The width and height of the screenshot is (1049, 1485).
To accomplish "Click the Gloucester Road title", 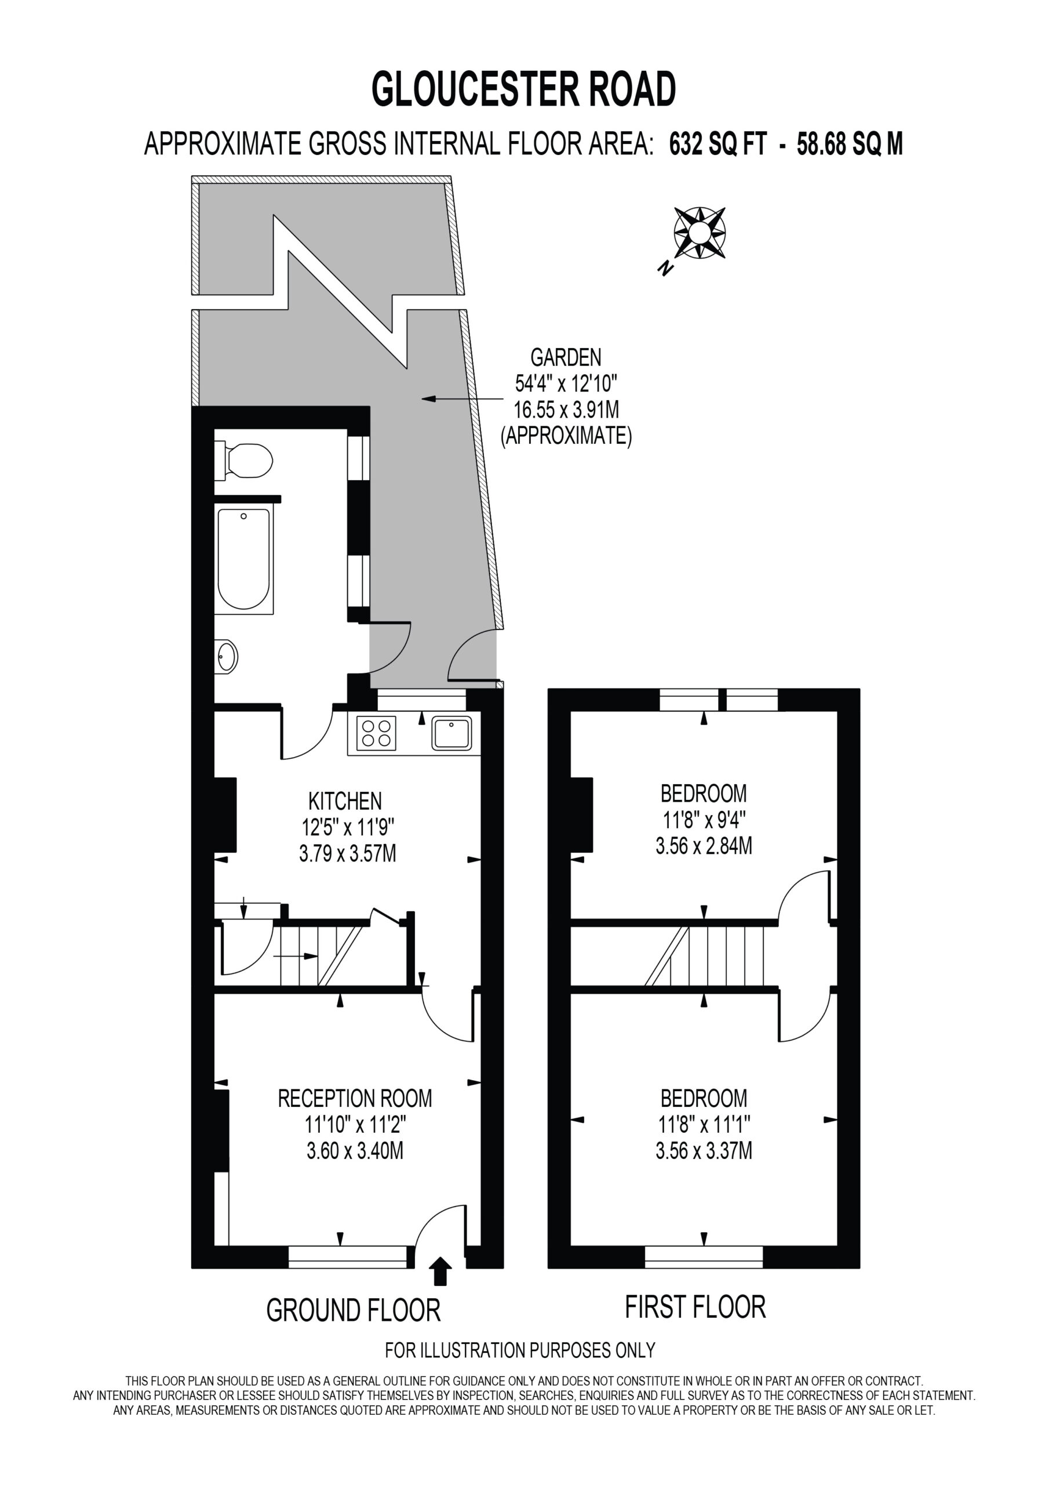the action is (523, 89).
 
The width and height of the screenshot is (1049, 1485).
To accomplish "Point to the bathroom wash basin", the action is (226, 657).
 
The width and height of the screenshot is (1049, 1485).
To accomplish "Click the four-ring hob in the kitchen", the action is (376, 733).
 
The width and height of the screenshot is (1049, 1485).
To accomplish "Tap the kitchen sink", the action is (453, 733).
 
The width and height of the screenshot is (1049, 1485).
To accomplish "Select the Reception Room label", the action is (355, 1098).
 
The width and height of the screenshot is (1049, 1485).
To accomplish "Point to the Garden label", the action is (566, 357).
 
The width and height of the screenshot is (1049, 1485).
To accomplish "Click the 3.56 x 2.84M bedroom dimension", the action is (704, 846).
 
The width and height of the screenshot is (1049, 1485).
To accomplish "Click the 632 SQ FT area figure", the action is (717, 144).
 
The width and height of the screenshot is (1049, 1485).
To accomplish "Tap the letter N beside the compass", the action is (664, 268).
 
